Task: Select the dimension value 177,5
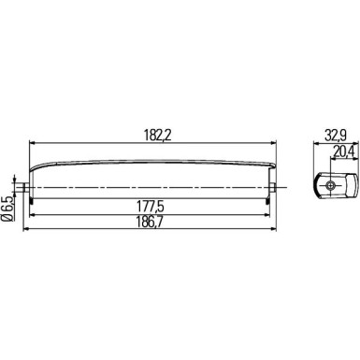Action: pyautogui.click(x=154, y=206)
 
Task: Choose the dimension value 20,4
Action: pyautogui.click(x=343, y=151)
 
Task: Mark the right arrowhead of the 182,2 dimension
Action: pyautogui.click(x=277, y=143)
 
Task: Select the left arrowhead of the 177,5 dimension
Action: pyautogui.click(x=34, y=213)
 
